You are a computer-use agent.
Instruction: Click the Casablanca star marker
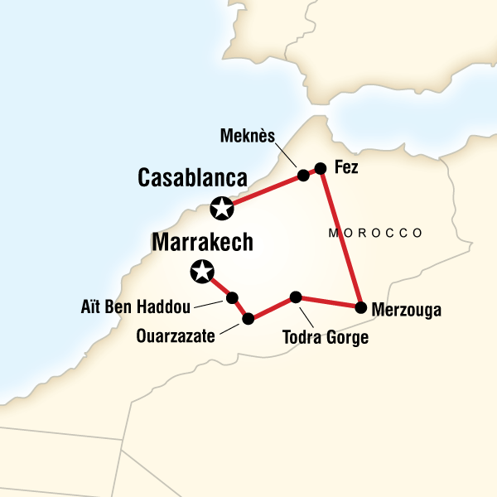pyautogui.click(x=221, y=209)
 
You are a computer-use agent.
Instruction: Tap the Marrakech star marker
pyautogui.click(x=201, y=270)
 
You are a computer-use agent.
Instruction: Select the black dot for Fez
pyautogui.click(x=321, y=167)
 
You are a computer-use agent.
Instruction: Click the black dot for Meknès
pyautogui.click(x=303, y=175)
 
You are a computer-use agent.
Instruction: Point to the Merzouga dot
pyautogui.click(x=360, y=307)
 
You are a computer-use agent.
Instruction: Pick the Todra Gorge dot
pyautogui.click(x=295, y=297)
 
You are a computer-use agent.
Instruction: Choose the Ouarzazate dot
pyautogui.click(x=248, y=318)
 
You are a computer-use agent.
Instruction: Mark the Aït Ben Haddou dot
pyautogui.click(x=232, y=297)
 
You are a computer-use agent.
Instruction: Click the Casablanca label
pyautogui.click(x=194, y=178)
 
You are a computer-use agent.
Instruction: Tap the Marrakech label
pyautogui.click(x=202, y=243)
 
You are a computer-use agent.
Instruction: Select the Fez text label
pyautogui.click(x=345, y=167)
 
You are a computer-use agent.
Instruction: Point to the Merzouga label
pyautogui.click(x=408, y=311)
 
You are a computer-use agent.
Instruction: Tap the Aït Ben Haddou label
pyautogui.click(x=137, y=307)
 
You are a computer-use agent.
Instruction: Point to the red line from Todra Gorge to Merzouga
pyautogui.click(x=328, y=302)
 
